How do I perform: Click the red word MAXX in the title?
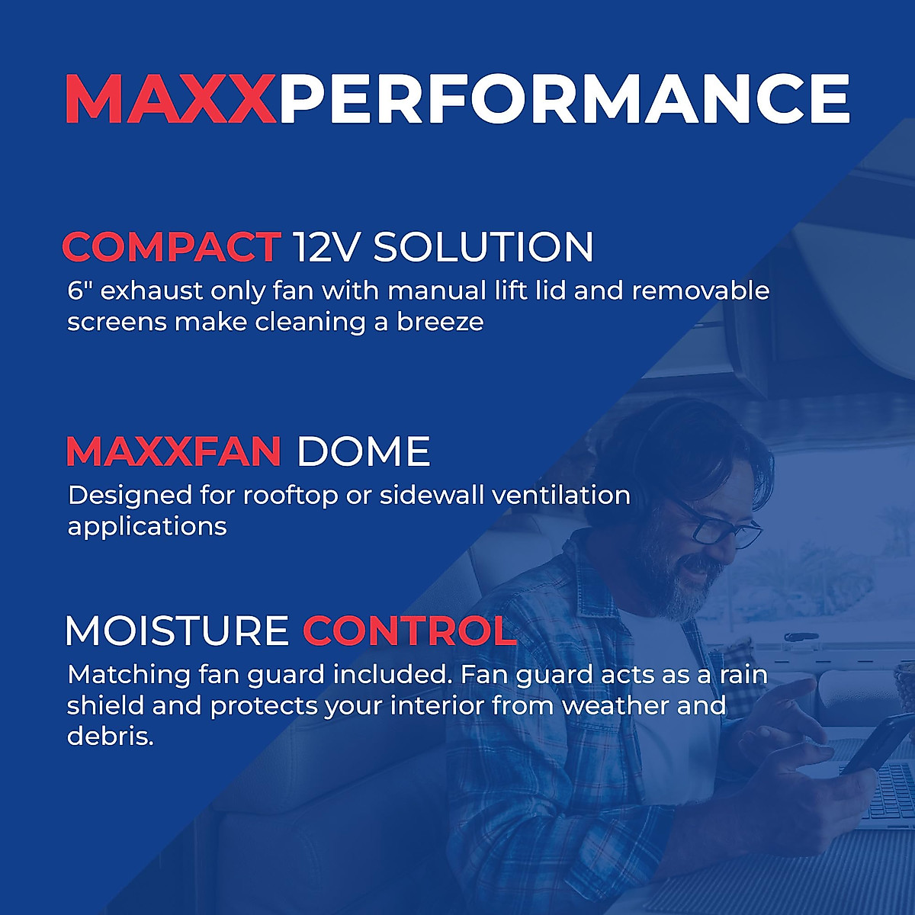[169, 98]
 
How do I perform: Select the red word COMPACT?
[171, 247]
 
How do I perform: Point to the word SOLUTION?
[483, 247]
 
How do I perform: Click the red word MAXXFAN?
[174, 451]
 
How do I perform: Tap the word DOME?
[363, 451]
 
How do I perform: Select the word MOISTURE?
[177, 631]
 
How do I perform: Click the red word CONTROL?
[410, 631]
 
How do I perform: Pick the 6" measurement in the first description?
[80, 291]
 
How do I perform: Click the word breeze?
[440, 322]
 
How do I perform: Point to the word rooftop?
[290, 496]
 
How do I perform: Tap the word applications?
[147, 527]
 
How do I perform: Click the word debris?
[110, 737]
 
